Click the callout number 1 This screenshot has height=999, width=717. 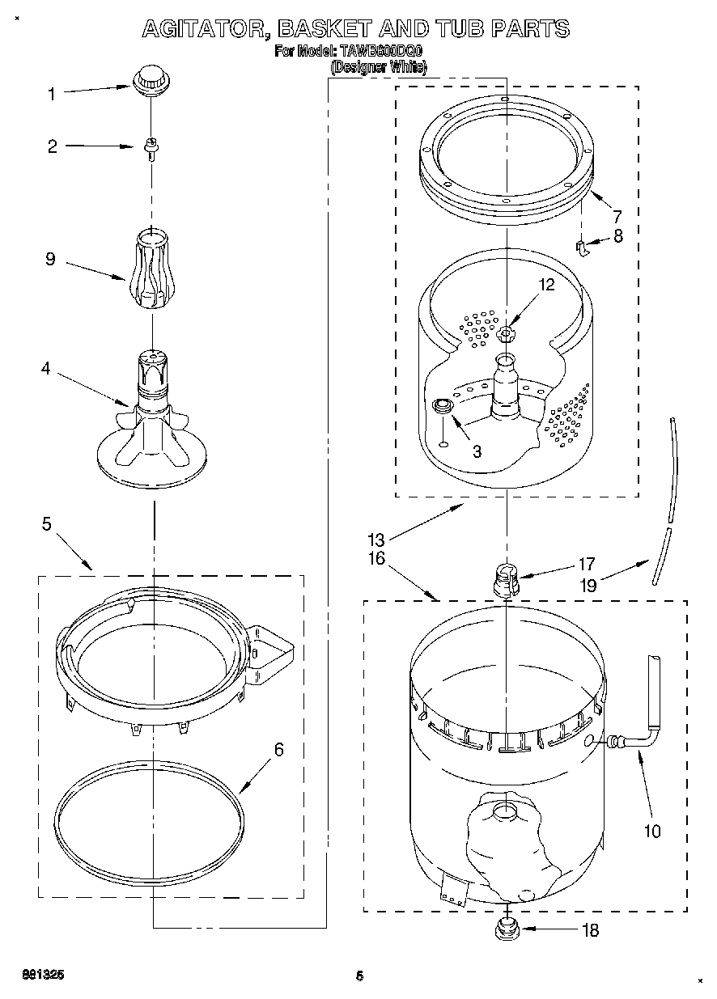[52, 94]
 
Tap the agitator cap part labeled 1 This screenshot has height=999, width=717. [148, 81]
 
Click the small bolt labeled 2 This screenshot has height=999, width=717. [150, 148]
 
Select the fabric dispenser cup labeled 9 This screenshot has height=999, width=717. [151, 269]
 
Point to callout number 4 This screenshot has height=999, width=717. [46, 369]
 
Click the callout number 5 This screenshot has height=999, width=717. [46, 524]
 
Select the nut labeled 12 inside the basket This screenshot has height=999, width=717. [506, 332]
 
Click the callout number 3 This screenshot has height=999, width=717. [477, 452]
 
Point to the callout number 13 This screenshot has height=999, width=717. [375, 540]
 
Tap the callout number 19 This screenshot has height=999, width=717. [588, 585]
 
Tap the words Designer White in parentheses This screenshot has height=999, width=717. [378, 68]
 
